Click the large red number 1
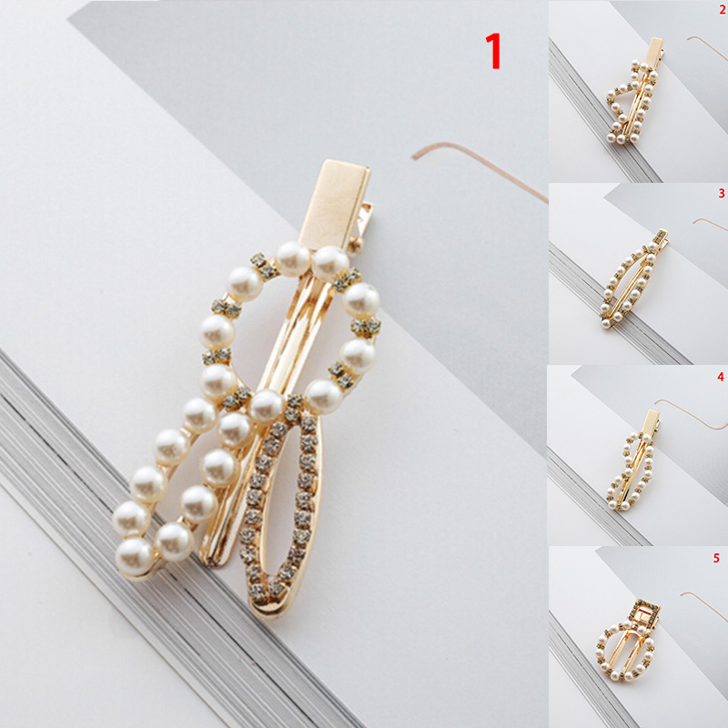pos(493,51)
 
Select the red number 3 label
pos(722,193)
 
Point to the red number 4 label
pos(721,376)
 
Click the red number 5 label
pos(716,558)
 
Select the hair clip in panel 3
pos(633,278)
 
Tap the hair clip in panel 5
pos(628,641)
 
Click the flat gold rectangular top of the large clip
pos(335,204)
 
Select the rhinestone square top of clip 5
pos(645,612)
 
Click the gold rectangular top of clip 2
pos(655,49)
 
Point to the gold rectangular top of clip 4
pos(652,421)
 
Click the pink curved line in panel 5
pos(704,602)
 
